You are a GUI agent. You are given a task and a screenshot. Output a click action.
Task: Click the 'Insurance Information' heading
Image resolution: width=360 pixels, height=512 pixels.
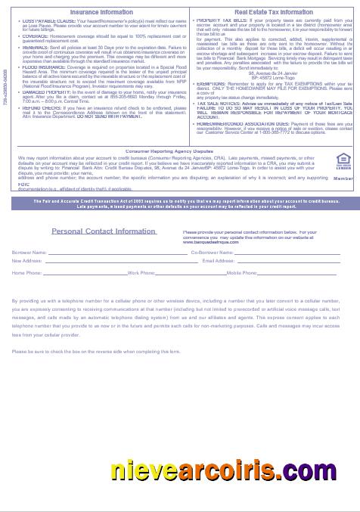(x=102, y=12)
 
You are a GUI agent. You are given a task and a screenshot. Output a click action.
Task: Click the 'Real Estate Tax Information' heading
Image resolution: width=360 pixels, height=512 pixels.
(x=273, y=12)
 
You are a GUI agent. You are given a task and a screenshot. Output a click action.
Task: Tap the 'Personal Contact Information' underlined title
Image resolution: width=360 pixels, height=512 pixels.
(x=104, y=231)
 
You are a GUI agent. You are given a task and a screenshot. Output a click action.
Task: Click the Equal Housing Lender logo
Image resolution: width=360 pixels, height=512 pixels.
(x=342, y=160)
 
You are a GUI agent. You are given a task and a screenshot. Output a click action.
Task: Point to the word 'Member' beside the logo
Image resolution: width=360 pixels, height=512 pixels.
(x=343, y=178)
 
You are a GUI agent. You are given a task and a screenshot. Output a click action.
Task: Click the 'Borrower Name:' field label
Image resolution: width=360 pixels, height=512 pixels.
(x=29, y=251)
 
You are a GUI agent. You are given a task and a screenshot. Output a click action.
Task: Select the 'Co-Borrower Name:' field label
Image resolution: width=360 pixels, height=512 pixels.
(x=213, y=251)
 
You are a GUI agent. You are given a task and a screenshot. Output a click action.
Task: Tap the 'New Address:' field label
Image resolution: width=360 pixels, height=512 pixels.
(x=26, y=260)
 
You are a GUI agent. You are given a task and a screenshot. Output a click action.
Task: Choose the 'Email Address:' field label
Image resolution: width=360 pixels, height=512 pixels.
(x=219, y=260)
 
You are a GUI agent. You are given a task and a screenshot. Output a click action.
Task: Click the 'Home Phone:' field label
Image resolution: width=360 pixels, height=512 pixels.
(x=27, y=272)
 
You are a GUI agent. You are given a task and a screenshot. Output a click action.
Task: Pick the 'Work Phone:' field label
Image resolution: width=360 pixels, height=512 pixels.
(x=141, y=272)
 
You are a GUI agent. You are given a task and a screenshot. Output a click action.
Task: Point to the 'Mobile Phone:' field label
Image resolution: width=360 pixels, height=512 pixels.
(x=242, y=272)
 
